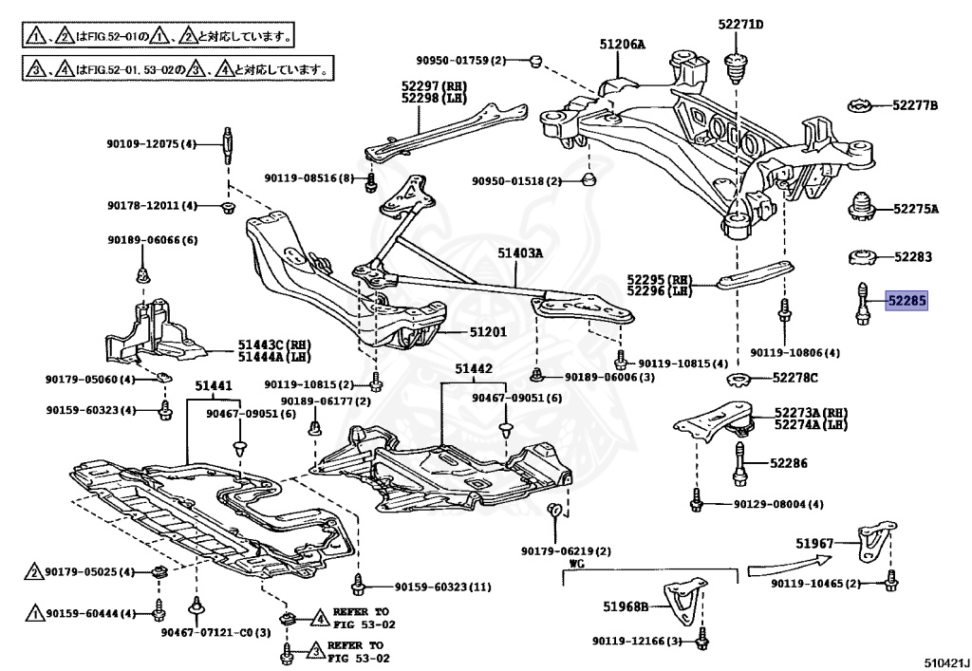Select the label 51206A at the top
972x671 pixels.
tap(622, 44)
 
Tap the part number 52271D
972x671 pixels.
tap(740, 24)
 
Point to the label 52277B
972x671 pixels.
tap(914, 104)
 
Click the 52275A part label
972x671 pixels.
tap(914, 209)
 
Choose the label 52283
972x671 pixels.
tap(912, 256)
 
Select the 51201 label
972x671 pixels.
tap(488, 332)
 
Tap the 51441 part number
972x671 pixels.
tap(214, 386)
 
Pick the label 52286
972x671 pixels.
tap(789, 463)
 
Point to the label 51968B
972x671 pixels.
tap(626, 606)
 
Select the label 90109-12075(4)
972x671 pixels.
tap(150, 144)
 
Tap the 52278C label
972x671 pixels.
tap(794, 378)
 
